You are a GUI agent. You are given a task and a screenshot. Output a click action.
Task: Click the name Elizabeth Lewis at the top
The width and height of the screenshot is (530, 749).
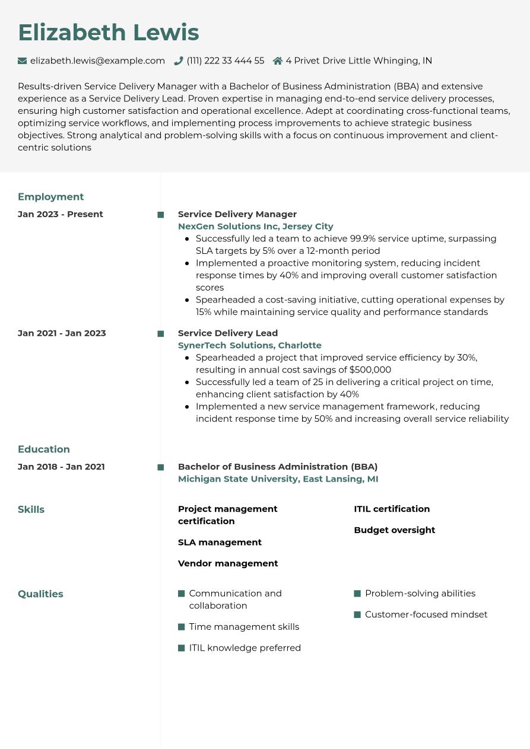(108, 33)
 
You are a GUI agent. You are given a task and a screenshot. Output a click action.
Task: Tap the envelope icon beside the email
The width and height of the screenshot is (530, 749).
(23, 60)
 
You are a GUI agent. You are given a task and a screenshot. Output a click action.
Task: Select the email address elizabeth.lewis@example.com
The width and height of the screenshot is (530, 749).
(97, 60)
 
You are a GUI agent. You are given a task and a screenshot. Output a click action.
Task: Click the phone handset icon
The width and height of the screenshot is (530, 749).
(178, 60)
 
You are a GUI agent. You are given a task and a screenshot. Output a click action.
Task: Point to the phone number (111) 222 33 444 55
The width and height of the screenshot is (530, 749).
(225, 60)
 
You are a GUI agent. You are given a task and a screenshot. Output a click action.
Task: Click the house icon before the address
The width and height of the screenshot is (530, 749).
(277, 60)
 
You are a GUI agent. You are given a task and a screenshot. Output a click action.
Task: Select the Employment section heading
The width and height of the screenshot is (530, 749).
(50, 197)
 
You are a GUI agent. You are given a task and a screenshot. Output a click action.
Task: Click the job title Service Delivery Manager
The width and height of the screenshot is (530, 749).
(237, 214)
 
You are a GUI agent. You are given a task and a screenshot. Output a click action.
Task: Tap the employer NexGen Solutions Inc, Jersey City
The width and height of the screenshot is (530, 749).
(255, 227)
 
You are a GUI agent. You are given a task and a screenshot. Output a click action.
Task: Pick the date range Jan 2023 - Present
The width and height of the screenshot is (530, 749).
(60, 214)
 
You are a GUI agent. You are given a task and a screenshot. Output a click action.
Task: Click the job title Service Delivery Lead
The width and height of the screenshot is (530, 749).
(227, 333)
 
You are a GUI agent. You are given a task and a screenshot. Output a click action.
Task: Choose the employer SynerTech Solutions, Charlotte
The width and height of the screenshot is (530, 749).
(249, 345)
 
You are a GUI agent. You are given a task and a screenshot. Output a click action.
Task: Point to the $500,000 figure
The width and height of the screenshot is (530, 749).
(370, 370)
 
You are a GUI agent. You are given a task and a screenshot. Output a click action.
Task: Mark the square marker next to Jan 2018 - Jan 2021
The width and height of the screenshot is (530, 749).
(160, 467)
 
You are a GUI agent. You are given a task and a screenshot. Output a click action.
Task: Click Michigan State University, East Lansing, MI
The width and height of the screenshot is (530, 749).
(278, 479)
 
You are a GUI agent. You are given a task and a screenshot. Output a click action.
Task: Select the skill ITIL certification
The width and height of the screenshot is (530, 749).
(392, 509)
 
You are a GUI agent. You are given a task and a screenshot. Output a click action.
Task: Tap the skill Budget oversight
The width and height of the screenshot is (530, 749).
(394, 530)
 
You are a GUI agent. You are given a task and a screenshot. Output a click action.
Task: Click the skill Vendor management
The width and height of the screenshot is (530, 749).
(227, 563)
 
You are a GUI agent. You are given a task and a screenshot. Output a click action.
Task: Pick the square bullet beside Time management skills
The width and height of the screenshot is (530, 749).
(182, 627)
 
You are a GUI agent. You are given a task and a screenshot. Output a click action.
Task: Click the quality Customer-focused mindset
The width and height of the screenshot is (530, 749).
(426, 615)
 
